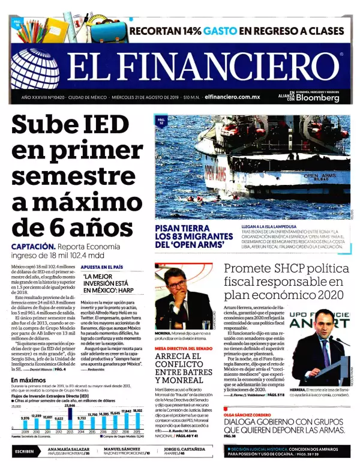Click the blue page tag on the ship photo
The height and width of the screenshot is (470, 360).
click(161, 122)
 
